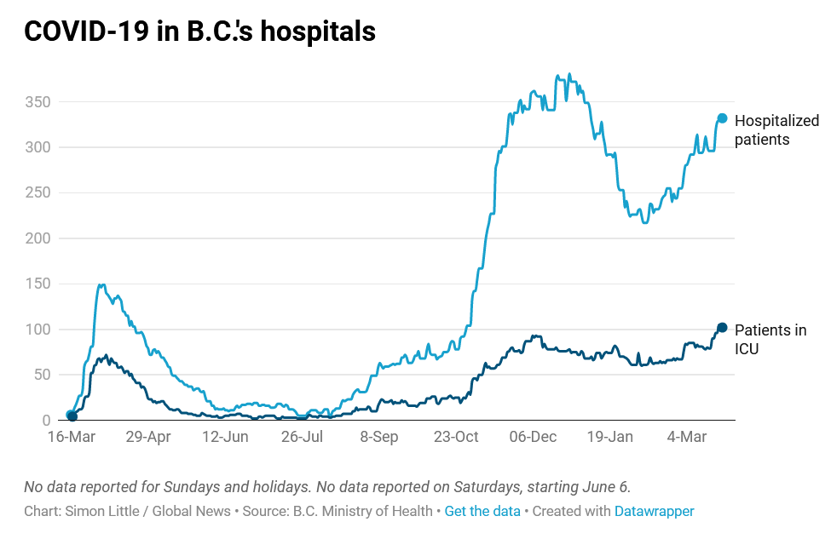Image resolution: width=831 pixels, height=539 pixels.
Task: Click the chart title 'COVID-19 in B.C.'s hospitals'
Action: click(199, 32)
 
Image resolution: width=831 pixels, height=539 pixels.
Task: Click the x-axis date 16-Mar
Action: click(71, 437)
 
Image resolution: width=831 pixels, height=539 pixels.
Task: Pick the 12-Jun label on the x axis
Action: click(224, 437)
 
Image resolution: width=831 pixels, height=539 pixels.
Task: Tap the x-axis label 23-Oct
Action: click(456, 437)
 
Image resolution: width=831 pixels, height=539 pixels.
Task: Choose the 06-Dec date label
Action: click(533, 437)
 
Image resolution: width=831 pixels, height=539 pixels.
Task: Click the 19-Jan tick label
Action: click(609, 437)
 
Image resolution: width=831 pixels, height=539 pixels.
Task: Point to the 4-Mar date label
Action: click(686, 437)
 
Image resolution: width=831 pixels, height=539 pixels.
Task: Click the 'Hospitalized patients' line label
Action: click(776, 129)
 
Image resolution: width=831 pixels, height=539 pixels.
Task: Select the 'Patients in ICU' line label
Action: click(770, 339)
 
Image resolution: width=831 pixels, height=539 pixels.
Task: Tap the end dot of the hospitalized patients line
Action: click(722, 118)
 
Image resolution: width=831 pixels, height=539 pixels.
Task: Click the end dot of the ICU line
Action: click(722, 328)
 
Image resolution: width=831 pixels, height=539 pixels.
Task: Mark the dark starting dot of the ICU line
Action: click(72, 416)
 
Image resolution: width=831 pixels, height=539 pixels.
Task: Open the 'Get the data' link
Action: click(482, 511)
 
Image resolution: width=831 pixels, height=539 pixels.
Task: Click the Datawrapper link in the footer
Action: click(654, 511)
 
